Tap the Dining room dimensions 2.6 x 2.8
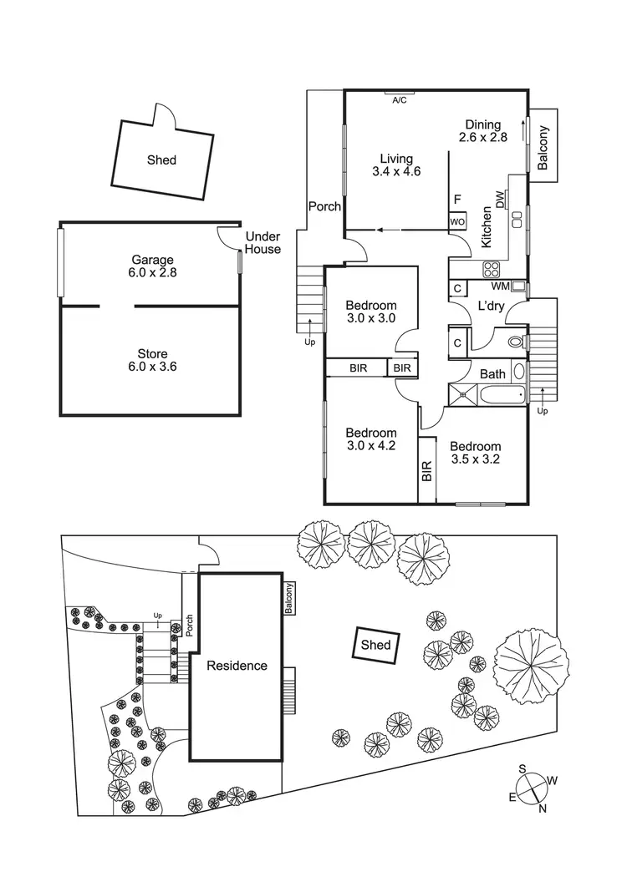point(483,139)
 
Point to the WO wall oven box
point(456,222)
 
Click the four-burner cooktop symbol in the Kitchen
point(492,269)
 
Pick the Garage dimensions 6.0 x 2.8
point(153,272)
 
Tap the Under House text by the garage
point(263,243)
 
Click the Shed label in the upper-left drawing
point(161,160)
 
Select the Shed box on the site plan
point(375,645)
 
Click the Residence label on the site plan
point(237,666)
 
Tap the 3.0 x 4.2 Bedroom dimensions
point(370,445)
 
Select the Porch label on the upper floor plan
point(324,205)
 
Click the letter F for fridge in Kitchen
point(456,200)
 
